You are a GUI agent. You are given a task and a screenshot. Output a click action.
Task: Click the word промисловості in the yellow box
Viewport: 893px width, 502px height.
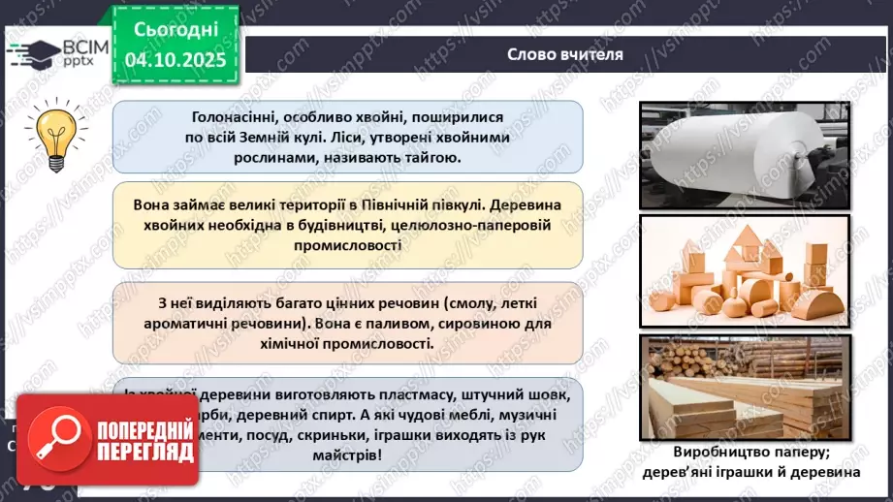pos(347,246)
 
